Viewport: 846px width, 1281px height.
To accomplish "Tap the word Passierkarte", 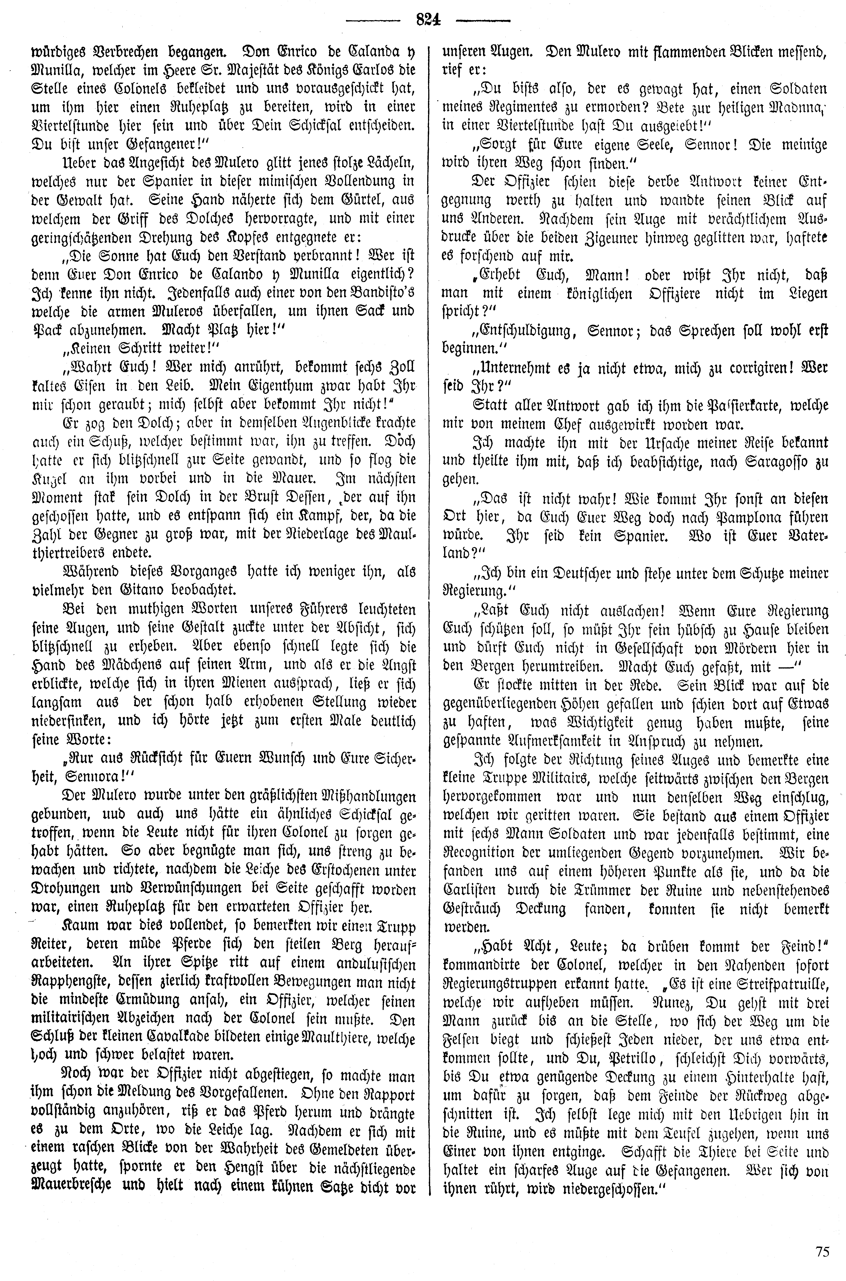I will pyautogui.click(x=707, y=406).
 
